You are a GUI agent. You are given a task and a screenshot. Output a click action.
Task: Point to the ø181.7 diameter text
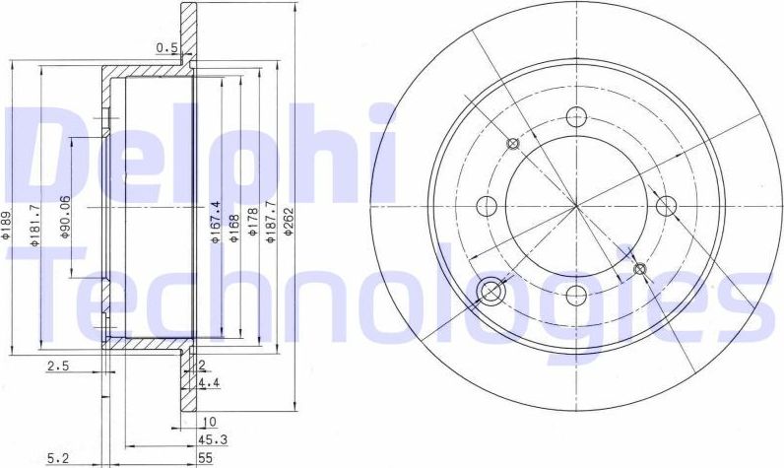[x=33, y=226]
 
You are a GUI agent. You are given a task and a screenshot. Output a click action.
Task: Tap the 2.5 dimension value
[x=58, y=367]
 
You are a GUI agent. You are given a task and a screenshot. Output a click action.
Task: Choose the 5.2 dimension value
[x=58, y=457]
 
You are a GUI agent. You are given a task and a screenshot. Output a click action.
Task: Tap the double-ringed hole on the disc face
[x=490, y=290]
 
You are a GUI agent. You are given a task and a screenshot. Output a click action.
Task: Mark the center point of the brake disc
[x=577, y=205]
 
